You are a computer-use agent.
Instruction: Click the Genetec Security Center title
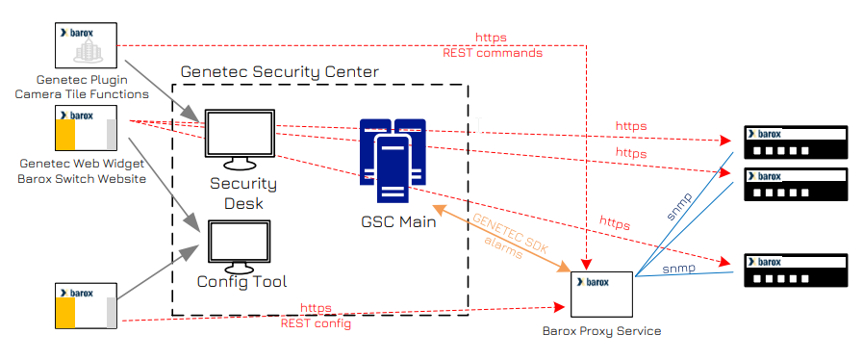(280, 72)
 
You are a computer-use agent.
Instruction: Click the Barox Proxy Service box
(602, 294)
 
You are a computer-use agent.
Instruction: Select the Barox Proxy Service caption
(602, 331)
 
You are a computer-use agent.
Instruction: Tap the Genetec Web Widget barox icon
(86, 128)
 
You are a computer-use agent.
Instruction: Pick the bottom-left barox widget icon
(86, 305)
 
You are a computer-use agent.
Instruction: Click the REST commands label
(493, 53)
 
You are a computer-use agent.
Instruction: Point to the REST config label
(317, 323)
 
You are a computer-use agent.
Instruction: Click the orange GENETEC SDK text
(509, 234)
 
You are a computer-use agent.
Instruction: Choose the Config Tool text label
(241, 281)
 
